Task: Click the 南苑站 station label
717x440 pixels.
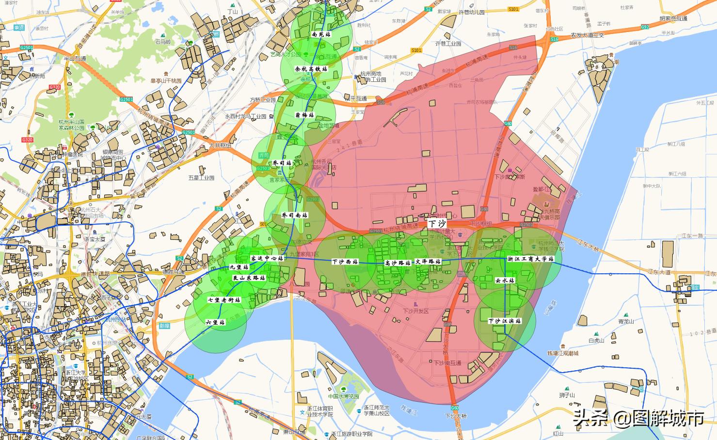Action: (x=321, y=35)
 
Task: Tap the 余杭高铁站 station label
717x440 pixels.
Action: (x=311, y=69)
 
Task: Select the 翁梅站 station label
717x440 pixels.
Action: (x=304, y=115)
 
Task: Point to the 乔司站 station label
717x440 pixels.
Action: (x=282, y=163)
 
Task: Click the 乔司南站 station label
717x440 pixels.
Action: (x=294, y=215)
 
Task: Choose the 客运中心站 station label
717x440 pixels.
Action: (x=267, y=258)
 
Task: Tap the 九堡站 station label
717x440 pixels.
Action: (x=239, y=267)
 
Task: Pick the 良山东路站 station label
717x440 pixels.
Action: (x=249, y=278)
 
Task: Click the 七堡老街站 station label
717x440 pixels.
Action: (x=224, y=300)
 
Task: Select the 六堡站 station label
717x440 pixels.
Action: (x=215, y=322)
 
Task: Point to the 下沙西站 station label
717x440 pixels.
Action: (x=345, y=262)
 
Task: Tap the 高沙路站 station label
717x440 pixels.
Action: (x=398, y=263)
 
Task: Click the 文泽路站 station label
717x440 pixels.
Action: (x=428, y=262)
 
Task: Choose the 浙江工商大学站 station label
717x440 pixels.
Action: (x=530, y=259)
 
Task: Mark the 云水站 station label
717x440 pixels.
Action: (x=505, y=280)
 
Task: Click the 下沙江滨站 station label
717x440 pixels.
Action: (x=505, y=321)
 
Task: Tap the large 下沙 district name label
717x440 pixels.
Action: (x=437, y=223)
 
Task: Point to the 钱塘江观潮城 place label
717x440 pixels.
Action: (x=563, y=353)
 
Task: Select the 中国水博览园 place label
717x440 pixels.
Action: (x=343, y=396)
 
